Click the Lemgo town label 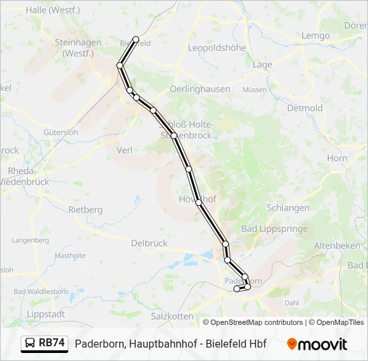tap(316, 35)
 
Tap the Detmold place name tap(304, 108)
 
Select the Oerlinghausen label tap(200, 89)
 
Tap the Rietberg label tap(86, 209)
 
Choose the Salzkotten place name tap(173, 316)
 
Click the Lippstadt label tap(44, 314)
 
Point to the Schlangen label tap(288, 207)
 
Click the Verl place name tap(124, 150)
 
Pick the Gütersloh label tap(60, 132)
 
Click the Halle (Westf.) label tap(52, 10)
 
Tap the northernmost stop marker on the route tap(136, 39)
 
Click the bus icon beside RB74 tap(30, 343)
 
